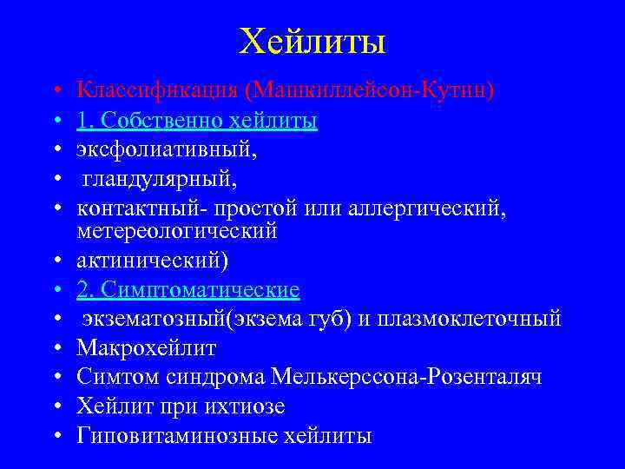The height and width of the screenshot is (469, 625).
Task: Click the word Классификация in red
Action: point(159,89)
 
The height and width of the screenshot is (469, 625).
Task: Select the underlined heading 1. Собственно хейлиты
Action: point(197,120)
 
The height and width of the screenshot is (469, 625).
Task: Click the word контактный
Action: point(126,208)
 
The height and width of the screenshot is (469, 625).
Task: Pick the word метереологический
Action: point(177,231)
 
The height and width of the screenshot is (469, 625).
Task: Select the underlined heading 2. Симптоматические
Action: point(188,289)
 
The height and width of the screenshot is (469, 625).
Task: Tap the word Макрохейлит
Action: point(146,348)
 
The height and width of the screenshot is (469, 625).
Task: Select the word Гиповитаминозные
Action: point(176,436)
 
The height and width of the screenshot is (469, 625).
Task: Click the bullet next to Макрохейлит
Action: point(55,349)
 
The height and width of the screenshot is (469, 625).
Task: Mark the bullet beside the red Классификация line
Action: point(55,90)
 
